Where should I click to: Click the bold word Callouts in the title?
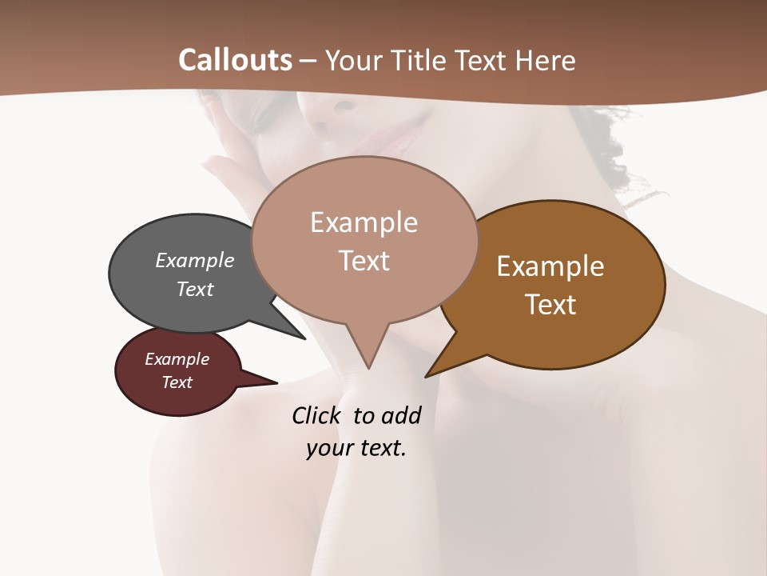click(x=235, y=60)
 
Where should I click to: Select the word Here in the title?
click(x=546, y=60)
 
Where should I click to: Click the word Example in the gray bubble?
click(x=195, y=260)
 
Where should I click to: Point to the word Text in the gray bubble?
click(x=195, y=289)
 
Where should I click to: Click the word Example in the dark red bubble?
click(x=177, y=359)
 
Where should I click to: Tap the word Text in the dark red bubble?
click(x=177, y=382)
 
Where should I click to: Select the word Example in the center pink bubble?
click(x=364, y=222)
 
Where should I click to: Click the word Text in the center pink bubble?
click(x=364, y=261)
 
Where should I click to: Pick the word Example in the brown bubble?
click(x=550, y=266)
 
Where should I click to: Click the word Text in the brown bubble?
click(x=551, y=305)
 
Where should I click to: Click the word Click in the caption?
click(x=319, y=415)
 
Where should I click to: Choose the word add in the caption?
click(x=401, y=415)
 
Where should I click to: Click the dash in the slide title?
click(x=308, y=61)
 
